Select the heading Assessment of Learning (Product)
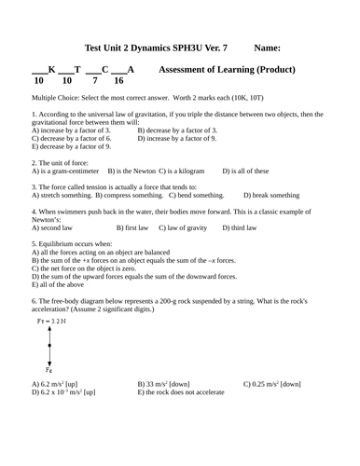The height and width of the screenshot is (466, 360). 228,69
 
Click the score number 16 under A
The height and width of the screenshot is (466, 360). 118,81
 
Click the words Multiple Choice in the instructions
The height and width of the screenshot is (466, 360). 55,97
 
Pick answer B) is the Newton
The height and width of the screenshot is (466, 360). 132,171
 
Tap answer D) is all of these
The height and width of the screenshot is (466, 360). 245,171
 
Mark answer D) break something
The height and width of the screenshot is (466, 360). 271,196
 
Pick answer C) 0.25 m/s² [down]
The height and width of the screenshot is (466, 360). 271,384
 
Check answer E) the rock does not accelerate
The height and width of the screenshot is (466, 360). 181,392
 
